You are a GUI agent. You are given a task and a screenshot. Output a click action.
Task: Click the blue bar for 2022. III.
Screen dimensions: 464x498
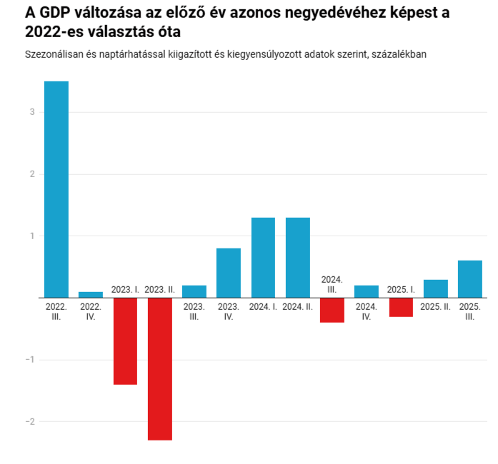coord(56,189)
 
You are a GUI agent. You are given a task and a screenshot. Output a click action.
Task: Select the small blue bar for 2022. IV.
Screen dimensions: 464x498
coord(91,294)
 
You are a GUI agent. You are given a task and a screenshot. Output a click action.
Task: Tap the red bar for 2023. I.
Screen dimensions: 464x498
coord(125,341)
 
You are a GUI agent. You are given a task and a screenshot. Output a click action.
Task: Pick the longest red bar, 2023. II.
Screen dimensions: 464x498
coord(159,368)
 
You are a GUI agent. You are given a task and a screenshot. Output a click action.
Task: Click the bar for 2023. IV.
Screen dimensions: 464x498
coord(229,273)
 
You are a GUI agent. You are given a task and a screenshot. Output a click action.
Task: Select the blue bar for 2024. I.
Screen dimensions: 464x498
coord(263,257)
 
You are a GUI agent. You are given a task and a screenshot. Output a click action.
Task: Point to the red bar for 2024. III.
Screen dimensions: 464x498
coord(332,310)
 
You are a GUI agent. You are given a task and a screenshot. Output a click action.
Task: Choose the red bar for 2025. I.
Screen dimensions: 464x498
coord(401,307)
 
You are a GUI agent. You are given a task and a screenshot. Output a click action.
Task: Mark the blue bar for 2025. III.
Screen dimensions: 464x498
coord(470,279)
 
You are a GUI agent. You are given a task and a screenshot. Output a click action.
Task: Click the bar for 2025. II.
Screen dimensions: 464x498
coord(436,288)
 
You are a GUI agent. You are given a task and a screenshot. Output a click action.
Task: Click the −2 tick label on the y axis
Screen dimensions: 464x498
coord(30,421)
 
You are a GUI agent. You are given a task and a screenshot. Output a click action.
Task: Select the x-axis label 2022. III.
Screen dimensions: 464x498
coord(56,311)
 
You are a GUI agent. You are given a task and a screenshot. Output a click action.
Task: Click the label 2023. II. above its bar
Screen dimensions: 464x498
coord(159,289)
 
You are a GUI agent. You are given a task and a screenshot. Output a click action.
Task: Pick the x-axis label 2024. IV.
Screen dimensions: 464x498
coord(367,311)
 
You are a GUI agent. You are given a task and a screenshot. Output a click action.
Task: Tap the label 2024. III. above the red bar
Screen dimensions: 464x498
coord(332,284)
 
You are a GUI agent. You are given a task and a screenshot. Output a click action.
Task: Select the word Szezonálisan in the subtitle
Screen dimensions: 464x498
coord(54,54)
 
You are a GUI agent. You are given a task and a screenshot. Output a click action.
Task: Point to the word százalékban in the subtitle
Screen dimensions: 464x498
coord(397,54)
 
